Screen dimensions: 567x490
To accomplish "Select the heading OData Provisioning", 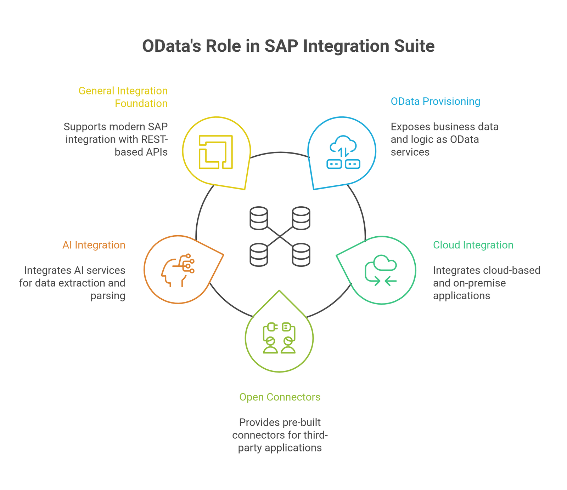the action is click(x=436, y=102).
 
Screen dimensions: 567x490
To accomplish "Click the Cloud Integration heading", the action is click(x=473, y=245).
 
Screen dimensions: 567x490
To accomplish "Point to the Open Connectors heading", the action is click(x=280, y=397).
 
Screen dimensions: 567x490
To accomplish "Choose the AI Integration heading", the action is click(x=94, y=245).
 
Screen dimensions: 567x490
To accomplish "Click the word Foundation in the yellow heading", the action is click(x=141, y=103).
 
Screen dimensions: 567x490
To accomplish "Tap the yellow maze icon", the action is click(x=216, y=152).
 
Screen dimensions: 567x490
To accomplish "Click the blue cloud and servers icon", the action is click(x=343, y=152).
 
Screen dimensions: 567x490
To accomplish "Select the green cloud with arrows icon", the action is click(x=381, y=271).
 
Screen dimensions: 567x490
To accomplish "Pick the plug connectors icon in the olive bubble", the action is click(x=279, y=338).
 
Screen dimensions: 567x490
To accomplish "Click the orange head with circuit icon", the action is click(x=178, y=270).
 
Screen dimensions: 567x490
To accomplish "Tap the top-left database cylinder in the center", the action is click(x=259, y=218).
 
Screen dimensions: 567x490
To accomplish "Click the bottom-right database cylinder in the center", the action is click(x=301, y=254).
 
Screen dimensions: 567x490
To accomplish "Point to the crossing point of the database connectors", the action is click(x=280, y=236).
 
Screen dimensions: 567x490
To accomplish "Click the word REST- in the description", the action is click(x=153, y=139).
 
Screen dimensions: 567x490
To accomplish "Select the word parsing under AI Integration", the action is click(x=108, y=296).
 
